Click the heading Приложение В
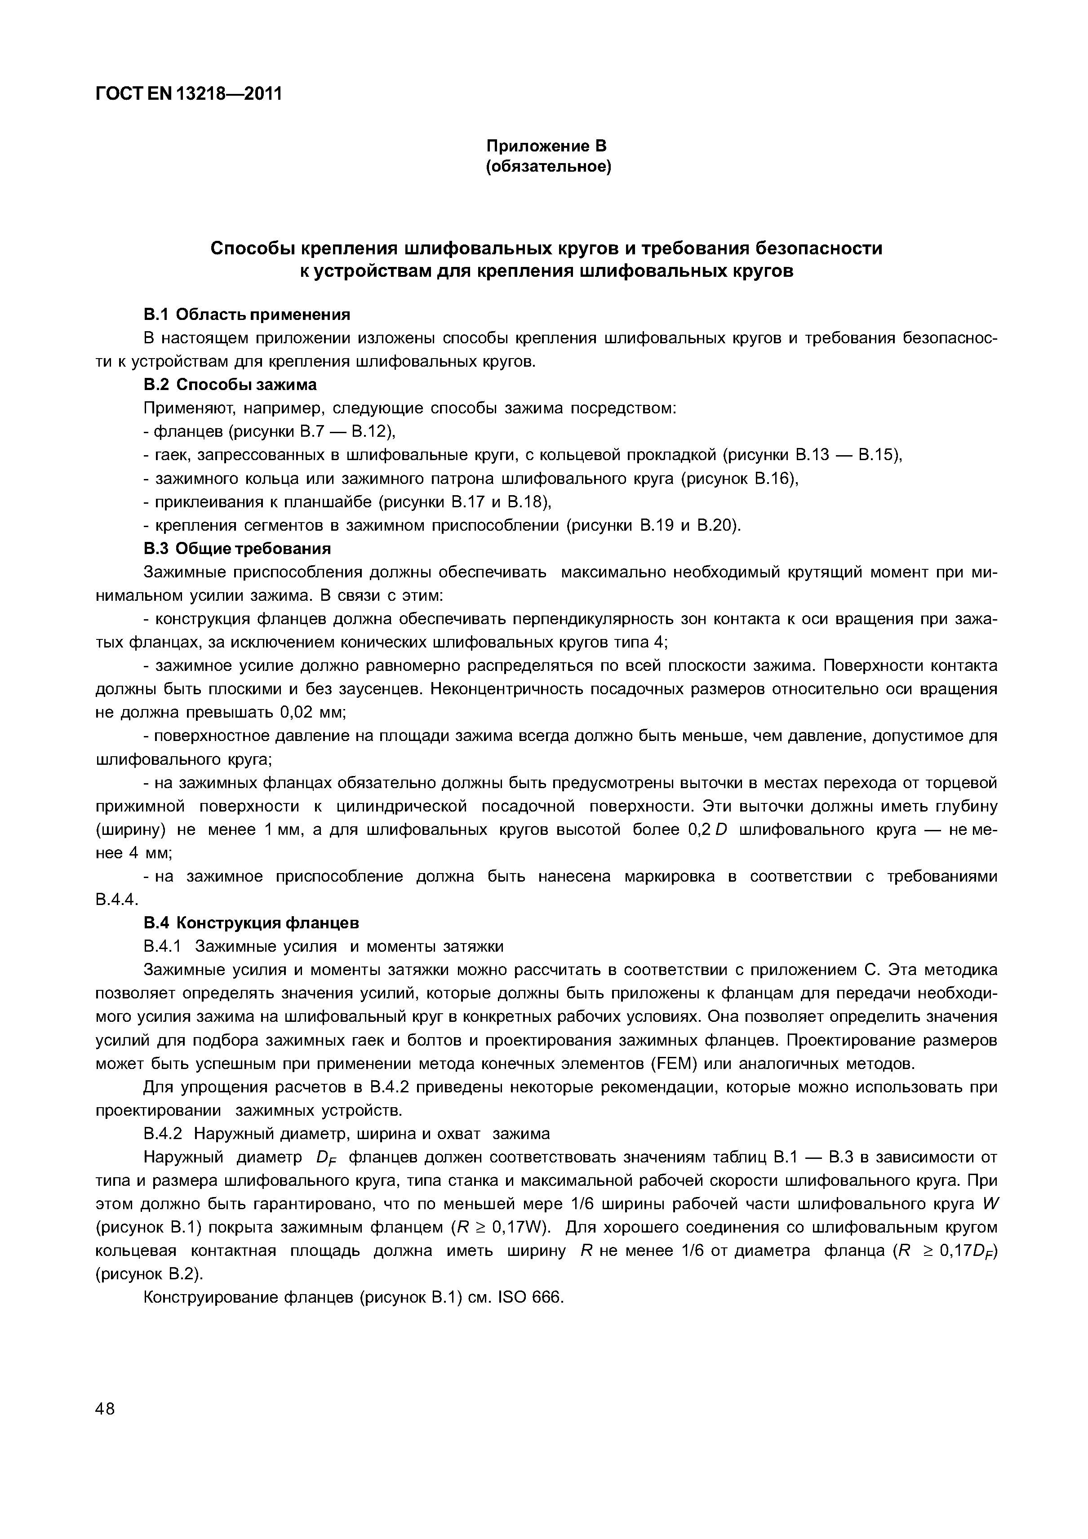coord(546,146)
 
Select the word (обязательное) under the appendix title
coord(548,166)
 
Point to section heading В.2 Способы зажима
coord(230,384)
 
